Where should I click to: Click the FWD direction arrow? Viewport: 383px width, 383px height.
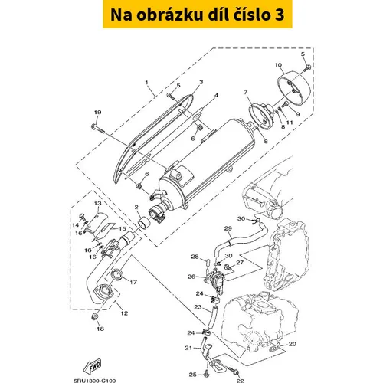point(92,367)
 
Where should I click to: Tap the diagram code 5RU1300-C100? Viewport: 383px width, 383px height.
point(95,381)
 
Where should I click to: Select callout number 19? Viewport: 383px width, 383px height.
point(98,113)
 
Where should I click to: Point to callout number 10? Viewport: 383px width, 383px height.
point(278,65)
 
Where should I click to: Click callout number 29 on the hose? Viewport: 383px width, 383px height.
point(228,228)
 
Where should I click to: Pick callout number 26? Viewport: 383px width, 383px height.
point(191,277)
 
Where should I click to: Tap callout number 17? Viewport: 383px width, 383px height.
point(133,282)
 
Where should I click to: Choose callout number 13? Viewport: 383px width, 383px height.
point(98,204)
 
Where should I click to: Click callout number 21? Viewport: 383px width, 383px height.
point(188,348)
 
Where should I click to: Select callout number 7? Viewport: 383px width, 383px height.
point(246,92)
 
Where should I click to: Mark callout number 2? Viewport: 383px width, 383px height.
point(136,207)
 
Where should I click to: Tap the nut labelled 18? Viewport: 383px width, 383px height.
point(94,317)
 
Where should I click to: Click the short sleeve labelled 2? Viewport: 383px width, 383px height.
point(143,221)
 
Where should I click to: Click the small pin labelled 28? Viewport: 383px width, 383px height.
point(208,263)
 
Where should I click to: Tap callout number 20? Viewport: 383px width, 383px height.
point(293,344)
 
